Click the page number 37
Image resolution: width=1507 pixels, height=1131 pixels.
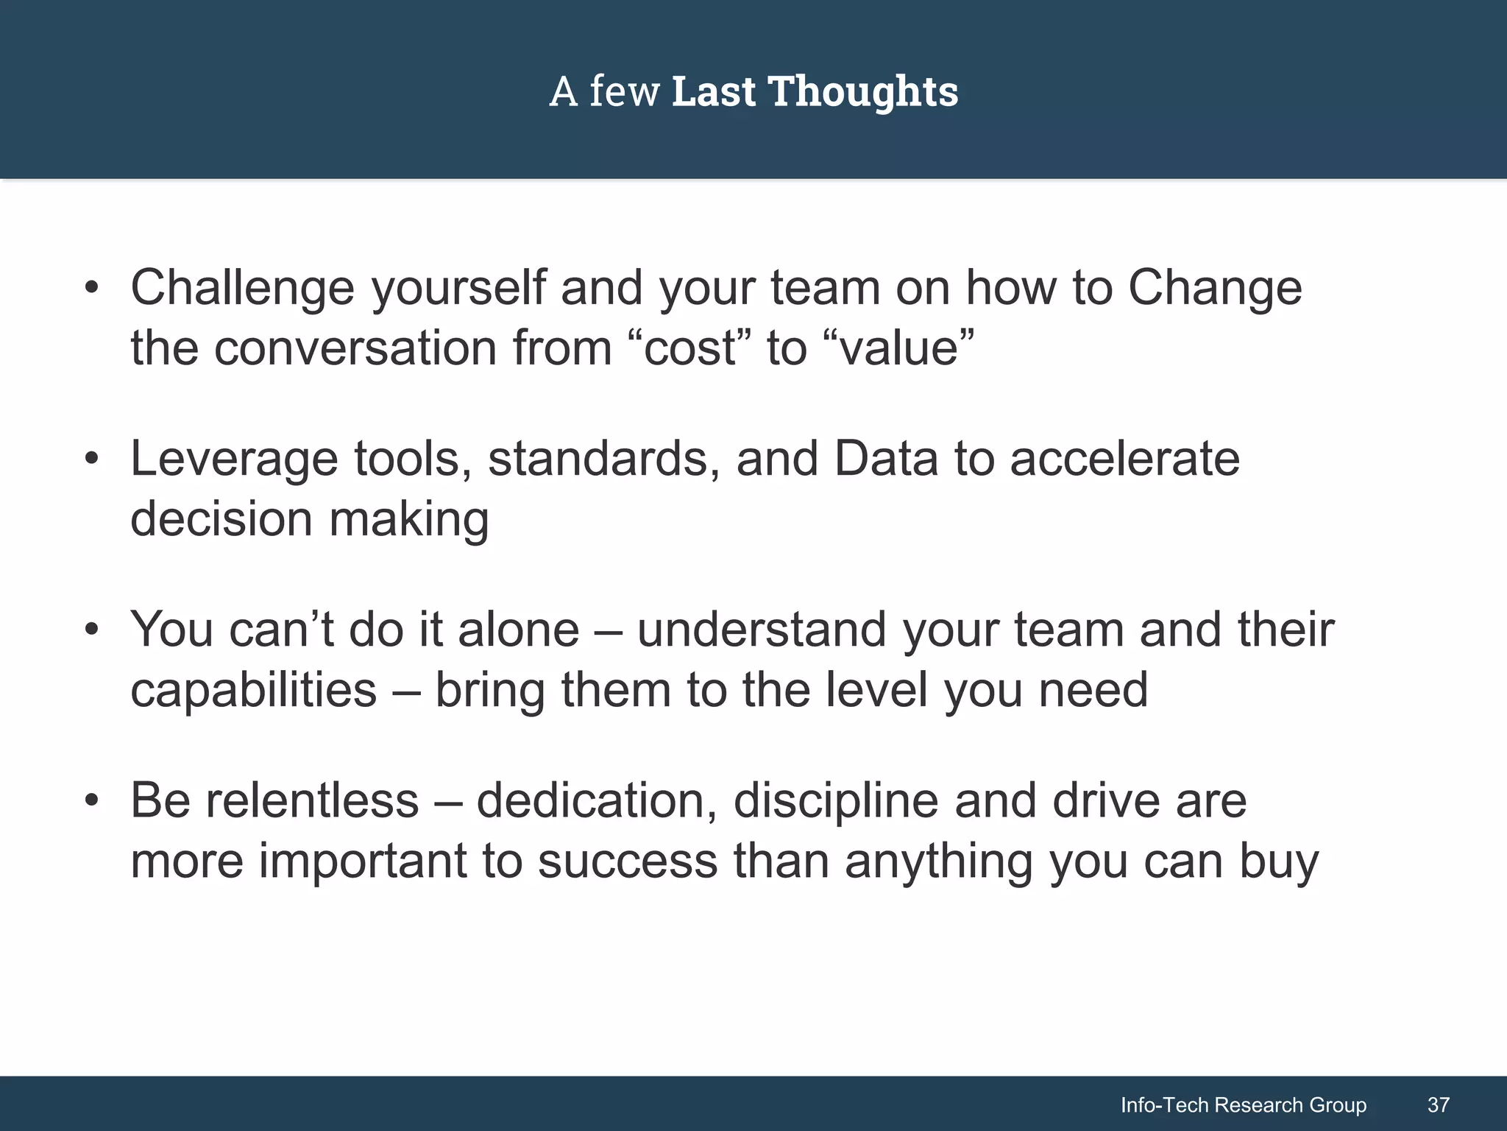[1438, 1104]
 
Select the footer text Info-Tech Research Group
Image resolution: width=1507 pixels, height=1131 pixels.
[1243, 1104]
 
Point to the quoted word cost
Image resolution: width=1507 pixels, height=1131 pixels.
[689, 349]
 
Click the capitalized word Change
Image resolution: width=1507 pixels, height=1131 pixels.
[1215, 289]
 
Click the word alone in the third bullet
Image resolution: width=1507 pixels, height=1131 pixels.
[519, 630]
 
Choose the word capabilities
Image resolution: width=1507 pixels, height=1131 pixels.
[253, 691]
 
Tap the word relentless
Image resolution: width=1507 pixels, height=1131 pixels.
[312, 801]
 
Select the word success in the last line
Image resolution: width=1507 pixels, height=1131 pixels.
[627, 862]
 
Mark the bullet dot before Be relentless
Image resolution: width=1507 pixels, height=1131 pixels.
[91, 801]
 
